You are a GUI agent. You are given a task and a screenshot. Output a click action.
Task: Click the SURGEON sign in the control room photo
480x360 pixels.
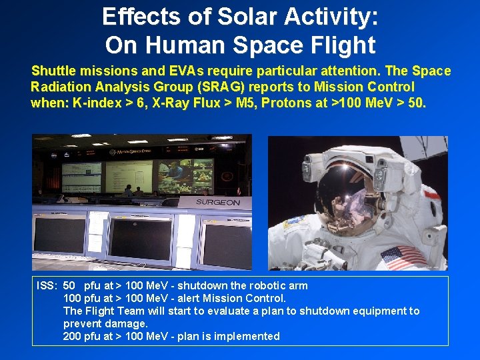tap(217, 202)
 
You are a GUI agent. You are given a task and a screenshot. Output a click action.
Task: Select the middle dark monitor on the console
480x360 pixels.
tap(143, 237)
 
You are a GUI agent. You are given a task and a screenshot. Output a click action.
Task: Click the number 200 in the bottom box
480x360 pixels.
tap(72, 336)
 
